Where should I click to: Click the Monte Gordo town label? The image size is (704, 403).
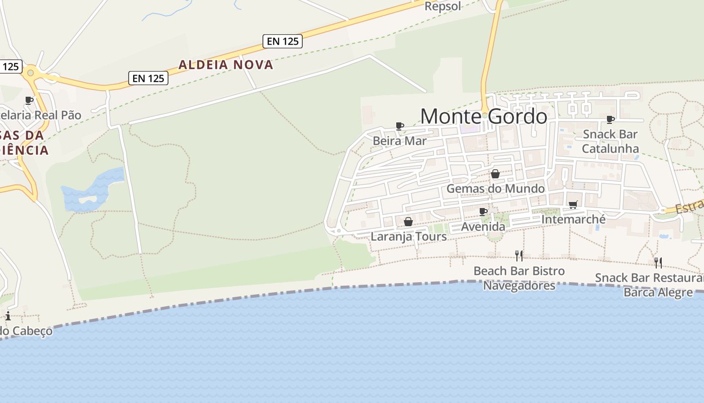483,116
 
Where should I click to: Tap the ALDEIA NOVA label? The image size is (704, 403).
226,64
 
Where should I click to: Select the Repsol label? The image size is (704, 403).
443,6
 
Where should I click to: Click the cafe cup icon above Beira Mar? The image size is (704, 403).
400,125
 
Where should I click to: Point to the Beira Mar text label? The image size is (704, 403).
399,141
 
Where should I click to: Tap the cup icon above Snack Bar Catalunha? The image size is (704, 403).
610,119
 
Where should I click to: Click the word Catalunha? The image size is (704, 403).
610,149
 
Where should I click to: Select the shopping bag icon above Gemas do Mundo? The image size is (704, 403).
495,174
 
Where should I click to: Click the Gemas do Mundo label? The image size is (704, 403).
495,188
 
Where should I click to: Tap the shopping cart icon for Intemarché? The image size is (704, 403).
573,205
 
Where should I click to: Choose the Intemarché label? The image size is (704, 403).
573,220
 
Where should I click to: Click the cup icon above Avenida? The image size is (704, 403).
483,212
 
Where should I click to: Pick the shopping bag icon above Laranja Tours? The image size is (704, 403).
408,222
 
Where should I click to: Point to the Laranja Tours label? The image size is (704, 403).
408,236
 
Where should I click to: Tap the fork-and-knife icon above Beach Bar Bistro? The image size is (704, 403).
519,256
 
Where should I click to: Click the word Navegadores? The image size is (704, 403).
519,286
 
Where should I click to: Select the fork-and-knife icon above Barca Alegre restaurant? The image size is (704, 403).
658,262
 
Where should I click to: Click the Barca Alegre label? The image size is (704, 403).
658,292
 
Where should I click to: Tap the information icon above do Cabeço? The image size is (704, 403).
8,316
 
